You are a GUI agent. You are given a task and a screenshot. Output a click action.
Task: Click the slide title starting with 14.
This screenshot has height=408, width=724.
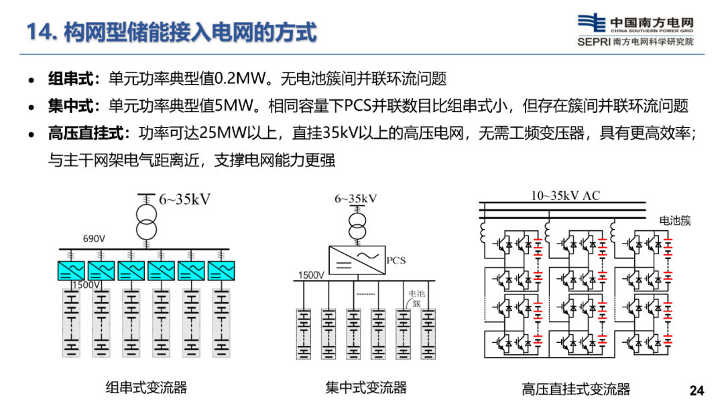point(172,32)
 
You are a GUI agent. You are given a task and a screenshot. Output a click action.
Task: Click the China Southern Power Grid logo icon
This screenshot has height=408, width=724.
point(591,23)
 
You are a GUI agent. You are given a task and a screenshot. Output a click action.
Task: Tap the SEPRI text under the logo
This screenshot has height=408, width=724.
point(594,42)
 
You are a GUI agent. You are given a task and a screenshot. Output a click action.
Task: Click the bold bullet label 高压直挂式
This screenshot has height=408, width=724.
point(86,133)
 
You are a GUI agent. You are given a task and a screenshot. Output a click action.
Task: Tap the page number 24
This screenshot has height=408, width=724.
point(697,391)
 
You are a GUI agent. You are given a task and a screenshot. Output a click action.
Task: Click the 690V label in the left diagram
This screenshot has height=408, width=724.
point(94,238)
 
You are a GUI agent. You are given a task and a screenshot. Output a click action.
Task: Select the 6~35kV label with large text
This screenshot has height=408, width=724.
point(185,199)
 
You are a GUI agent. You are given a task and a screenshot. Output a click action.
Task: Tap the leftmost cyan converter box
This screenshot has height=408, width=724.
point(71,270)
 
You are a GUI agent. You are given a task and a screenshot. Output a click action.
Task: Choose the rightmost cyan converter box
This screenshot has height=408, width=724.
point(221,270)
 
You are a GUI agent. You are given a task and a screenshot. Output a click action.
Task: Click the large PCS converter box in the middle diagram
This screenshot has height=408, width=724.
point(357,260)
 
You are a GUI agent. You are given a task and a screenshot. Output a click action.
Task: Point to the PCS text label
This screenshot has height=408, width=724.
point(396,260)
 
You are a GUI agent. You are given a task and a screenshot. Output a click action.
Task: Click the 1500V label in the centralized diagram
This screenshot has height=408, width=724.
point(311,275)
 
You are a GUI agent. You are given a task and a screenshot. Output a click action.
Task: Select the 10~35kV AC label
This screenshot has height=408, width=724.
point(565,195)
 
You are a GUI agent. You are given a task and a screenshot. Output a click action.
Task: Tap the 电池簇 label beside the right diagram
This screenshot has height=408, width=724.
point(674,221)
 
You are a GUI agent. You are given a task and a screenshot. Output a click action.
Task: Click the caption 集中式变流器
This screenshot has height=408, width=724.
point(366,387)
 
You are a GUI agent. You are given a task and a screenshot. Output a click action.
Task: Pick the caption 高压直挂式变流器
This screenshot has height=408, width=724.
point(576,389)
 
